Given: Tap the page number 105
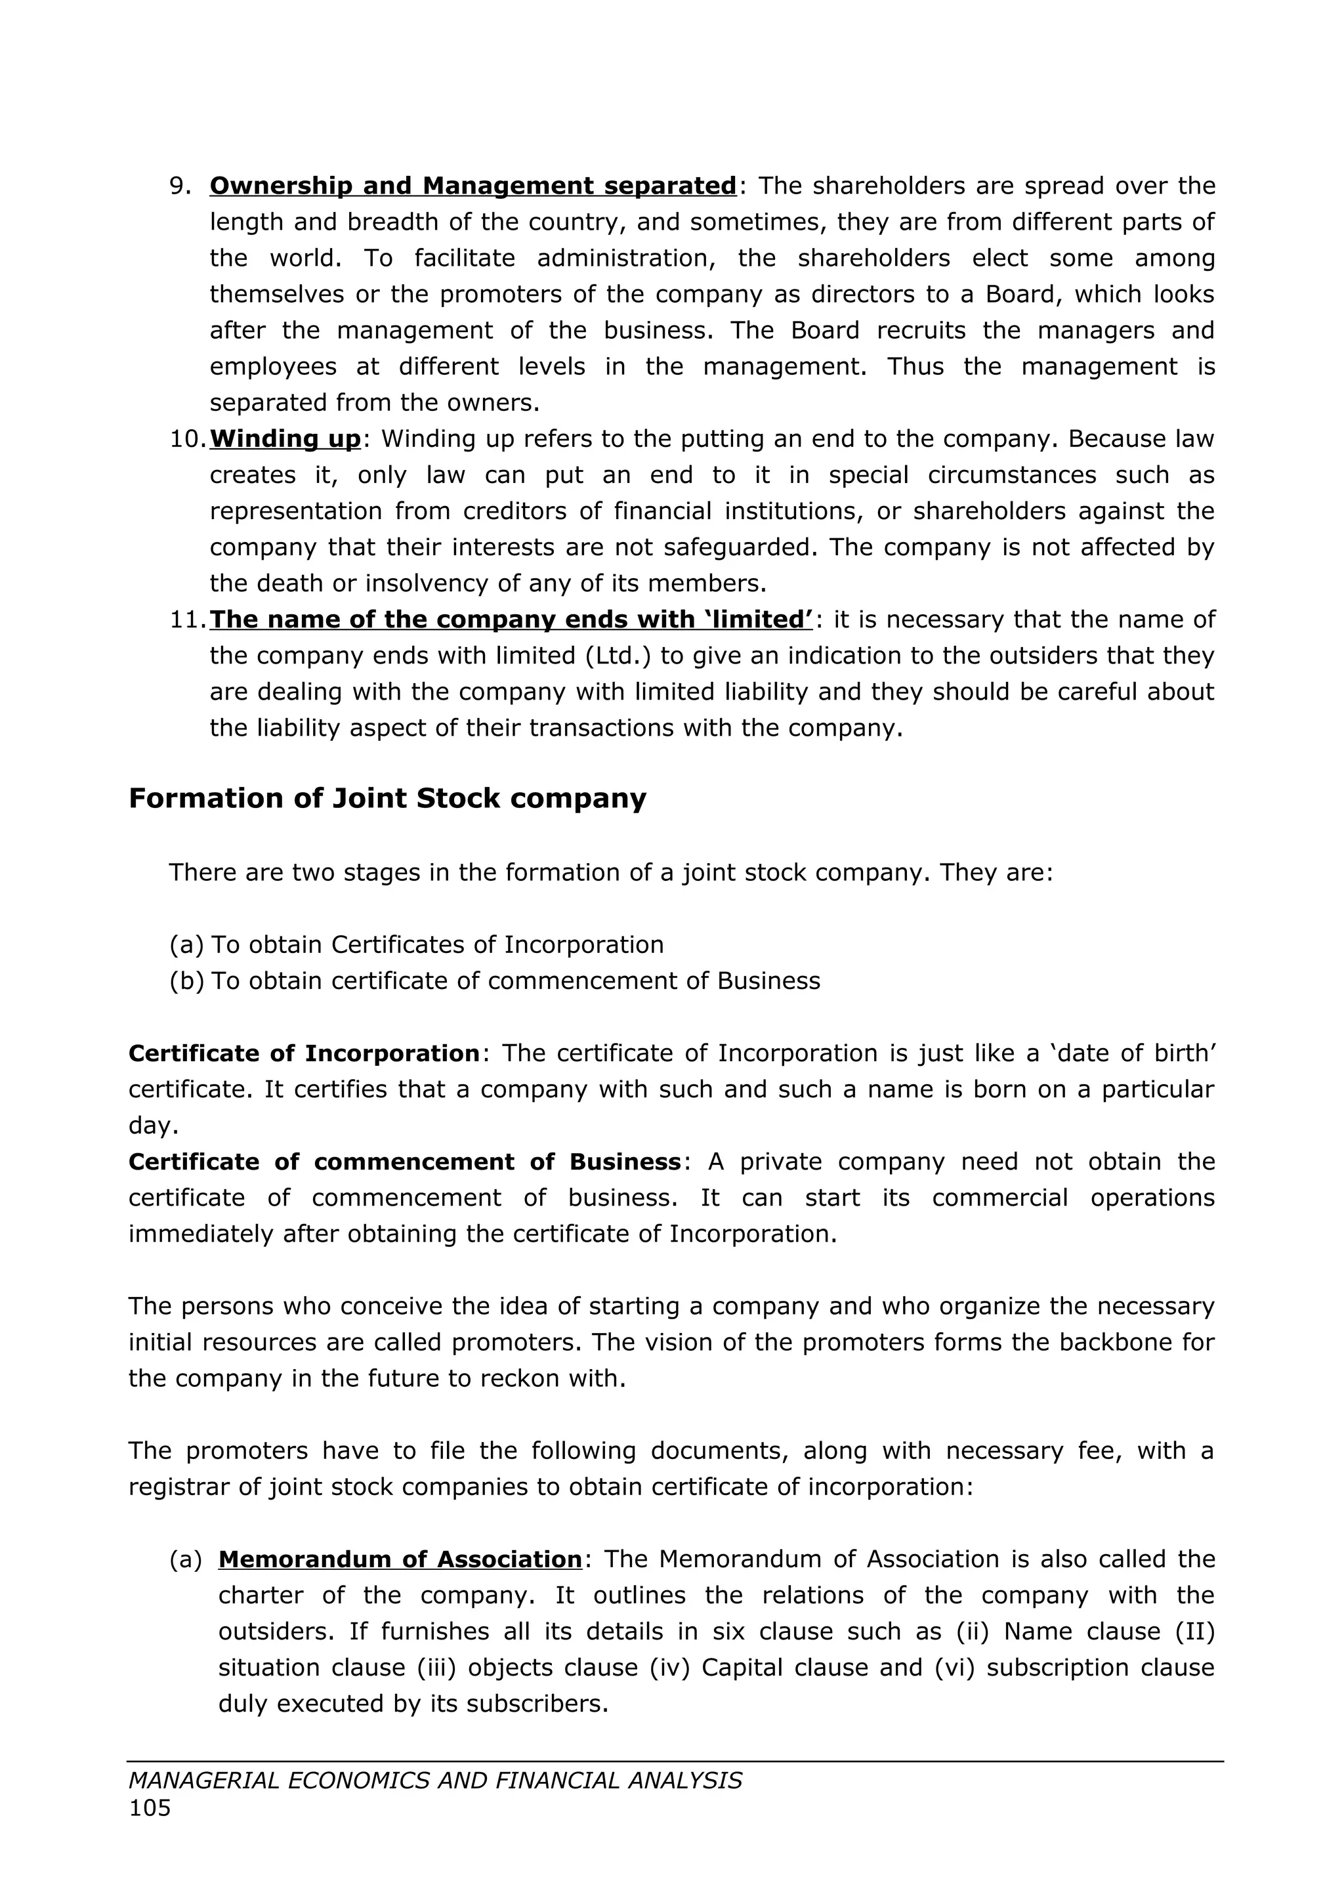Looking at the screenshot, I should [150, 1808].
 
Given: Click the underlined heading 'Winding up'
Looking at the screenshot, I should [285, 439].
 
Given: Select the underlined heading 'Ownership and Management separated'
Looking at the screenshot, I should [473, 186].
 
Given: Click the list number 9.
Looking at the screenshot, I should [179, 186].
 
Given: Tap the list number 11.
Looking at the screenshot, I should [187, 620].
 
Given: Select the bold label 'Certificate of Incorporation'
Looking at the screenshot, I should [304, 1054].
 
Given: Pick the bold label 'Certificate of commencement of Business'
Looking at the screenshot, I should [404, 1162].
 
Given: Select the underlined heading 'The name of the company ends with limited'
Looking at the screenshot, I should [511, 620].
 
